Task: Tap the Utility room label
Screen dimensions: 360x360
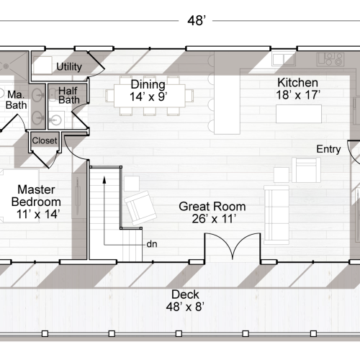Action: (x=69, y=67)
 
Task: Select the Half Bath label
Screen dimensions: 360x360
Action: (x=68, y=95)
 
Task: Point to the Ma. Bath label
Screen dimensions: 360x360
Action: (x=16, y=99)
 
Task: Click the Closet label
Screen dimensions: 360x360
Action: (x=45, y=140)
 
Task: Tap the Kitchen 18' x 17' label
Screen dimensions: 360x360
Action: (x=298, y=88)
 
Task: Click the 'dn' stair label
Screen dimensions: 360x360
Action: (x=152, y=243)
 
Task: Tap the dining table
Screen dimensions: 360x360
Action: (x=150, y=94)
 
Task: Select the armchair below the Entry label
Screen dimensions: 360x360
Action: (x=305, y=170)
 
